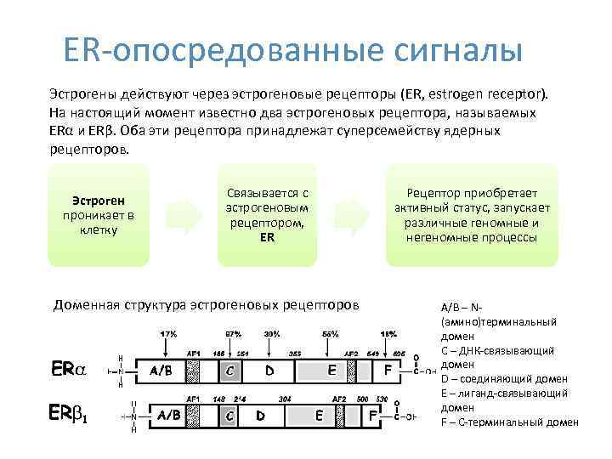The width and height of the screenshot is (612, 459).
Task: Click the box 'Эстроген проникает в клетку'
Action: pos(99,215)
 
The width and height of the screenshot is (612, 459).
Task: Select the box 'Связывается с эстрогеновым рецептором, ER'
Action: pos(268,215)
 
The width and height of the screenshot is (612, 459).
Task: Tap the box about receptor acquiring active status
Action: pos(473,215)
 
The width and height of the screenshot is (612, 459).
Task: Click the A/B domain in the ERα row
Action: pos(165,371)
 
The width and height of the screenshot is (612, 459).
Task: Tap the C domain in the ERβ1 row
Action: pos(229,416)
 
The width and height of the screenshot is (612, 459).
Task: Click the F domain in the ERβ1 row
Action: pos(372,416)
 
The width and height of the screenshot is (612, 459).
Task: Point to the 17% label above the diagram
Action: pos(167,333)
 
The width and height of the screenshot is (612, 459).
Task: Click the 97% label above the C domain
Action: pos(233,333)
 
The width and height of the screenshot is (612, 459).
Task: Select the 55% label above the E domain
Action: pos(330,333)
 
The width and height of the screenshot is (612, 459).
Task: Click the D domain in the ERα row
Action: pos(270,371)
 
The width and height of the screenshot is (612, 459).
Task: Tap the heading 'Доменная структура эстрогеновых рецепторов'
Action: pos(206,303)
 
